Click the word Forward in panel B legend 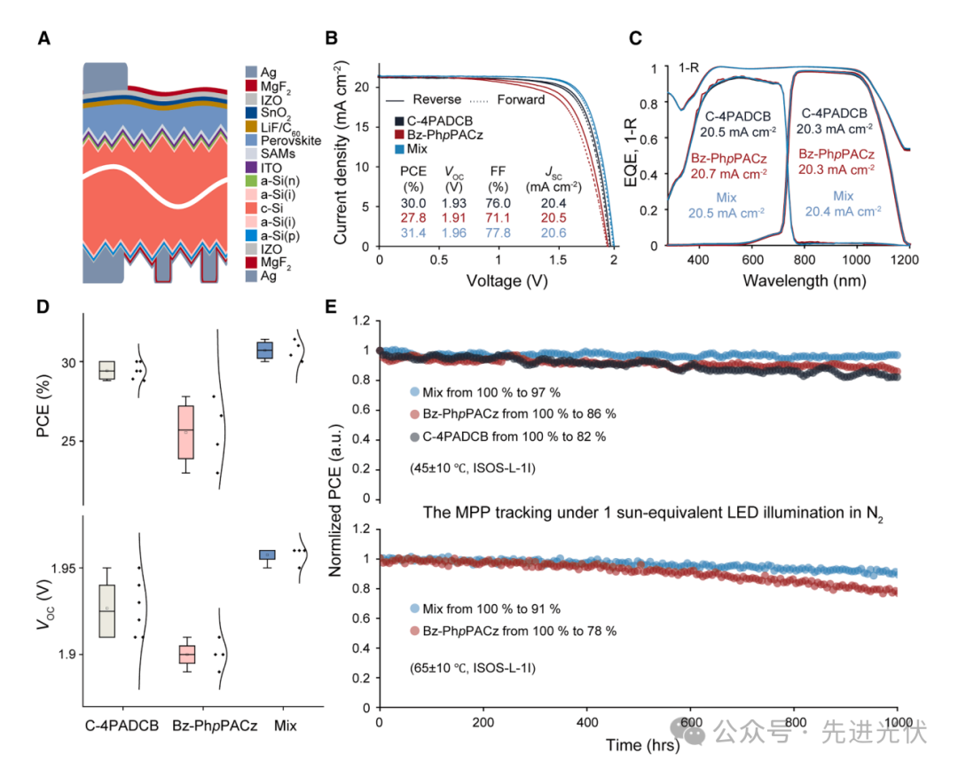(521, 99)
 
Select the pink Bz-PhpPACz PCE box (185, 432)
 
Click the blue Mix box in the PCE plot (264, 350)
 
